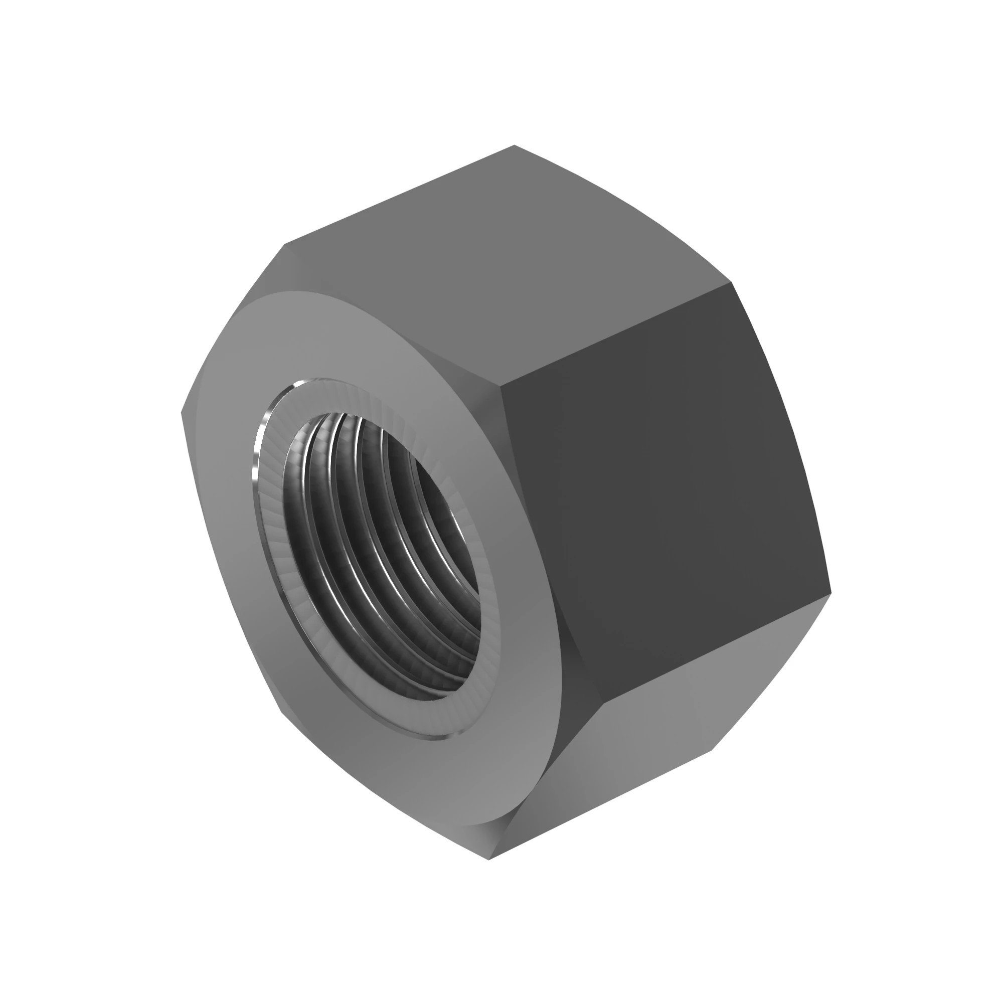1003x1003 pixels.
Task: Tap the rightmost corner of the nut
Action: pos(830,592)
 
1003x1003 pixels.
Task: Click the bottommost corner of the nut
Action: pos(489,859)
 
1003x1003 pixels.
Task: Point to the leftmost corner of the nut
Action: pos(181,413)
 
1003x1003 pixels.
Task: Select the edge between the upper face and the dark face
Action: pos(618,333)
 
